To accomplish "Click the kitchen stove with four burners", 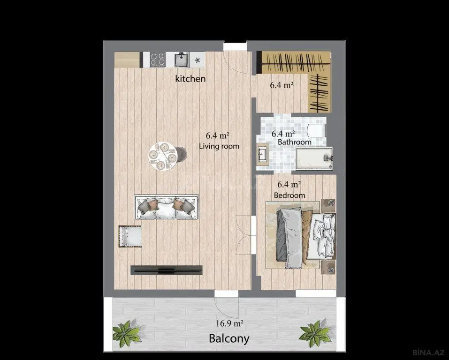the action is tap(158, 60).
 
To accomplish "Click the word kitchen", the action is tap(190, 78).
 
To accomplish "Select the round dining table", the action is tap(162, 156).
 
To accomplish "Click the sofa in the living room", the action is tap(167, 207).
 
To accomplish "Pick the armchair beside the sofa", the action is tap(130, 236).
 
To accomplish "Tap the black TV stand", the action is tap(167, 270).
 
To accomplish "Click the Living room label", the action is tap(219, 146).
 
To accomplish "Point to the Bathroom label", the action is tap(295, 142).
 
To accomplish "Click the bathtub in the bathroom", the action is tap(314, 157).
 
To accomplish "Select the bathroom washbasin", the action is tap(263, 154).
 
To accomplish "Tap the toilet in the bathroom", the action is tap(316, 130).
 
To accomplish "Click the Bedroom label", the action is tap(289, 195).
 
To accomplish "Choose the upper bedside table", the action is tap(328, 205).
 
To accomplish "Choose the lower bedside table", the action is tap(328, 267).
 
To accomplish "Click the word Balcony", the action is tap(229, 338).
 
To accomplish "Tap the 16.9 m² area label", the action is tap(229, 323).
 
